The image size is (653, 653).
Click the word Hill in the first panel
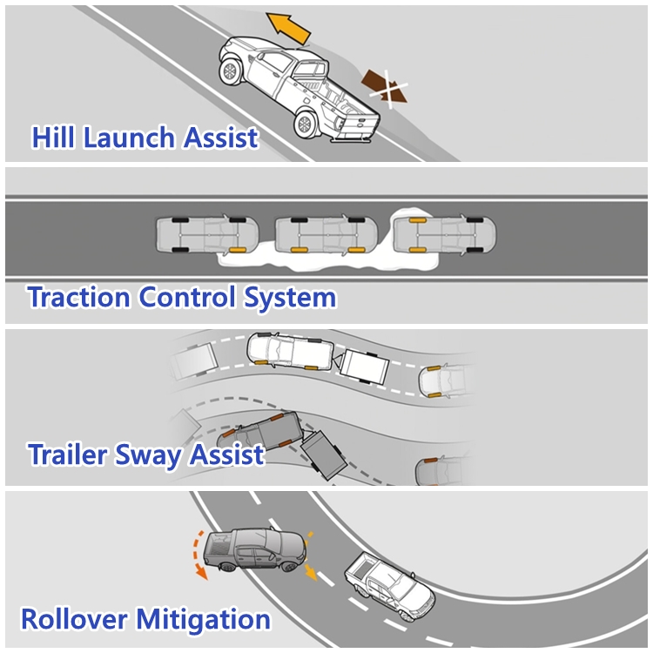coord(53,138)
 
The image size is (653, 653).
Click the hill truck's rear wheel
coord(306,124)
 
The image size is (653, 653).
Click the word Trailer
coord(71,454)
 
